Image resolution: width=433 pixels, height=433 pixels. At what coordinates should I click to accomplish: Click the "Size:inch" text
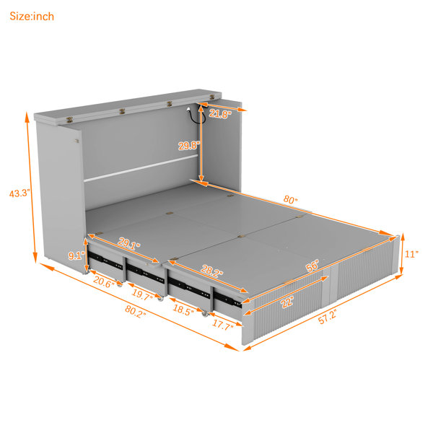(x=32, y=17)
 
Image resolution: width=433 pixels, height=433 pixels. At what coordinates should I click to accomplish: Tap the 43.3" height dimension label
(x=19, y=193)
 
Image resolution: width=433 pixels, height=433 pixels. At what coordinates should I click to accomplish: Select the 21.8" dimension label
(x=220, y=114)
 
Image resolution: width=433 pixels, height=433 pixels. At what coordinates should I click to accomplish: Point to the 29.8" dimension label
(x=189, y=146)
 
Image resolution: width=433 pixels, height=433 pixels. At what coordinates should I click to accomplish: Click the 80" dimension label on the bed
(x=290, y=199)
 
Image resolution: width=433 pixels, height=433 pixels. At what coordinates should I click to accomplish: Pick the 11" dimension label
(x=411, y=254)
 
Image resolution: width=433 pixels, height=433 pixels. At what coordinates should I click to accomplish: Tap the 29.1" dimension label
(x=129, y=244)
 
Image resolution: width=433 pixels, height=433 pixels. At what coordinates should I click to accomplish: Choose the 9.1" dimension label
(x=76, y=255)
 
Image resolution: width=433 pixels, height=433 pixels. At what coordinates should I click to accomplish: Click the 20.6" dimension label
(x=104, y=282)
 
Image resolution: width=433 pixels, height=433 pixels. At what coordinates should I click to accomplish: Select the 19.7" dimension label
(x=142, y=295)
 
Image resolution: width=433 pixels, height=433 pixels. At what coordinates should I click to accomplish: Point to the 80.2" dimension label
(x=136, y=312)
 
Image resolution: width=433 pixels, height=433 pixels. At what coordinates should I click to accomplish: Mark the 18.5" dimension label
(x=183, y=310)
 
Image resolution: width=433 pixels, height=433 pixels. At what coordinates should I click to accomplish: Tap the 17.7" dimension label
(x=223, y=325)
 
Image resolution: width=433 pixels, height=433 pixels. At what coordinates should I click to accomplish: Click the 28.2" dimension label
(x=212, y=271)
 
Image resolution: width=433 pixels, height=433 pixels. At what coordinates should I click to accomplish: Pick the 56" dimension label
(x=312, y=266)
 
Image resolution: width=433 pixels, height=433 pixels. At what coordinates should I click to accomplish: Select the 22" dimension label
(x=288, y=302)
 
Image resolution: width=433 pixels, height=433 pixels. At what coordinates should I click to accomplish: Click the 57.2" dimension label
(x=328, y=317)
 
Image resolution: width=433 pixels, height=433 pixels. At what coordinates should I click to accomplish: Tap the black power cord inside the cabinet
(x=196, y=116)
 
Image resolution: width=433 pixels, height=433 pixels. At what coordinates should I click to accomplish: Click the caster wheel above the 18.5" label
(x=205, y=313)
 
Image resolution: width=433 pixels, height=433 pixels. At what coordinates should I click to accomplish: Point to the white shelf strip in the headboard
(x=141, y=168)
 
